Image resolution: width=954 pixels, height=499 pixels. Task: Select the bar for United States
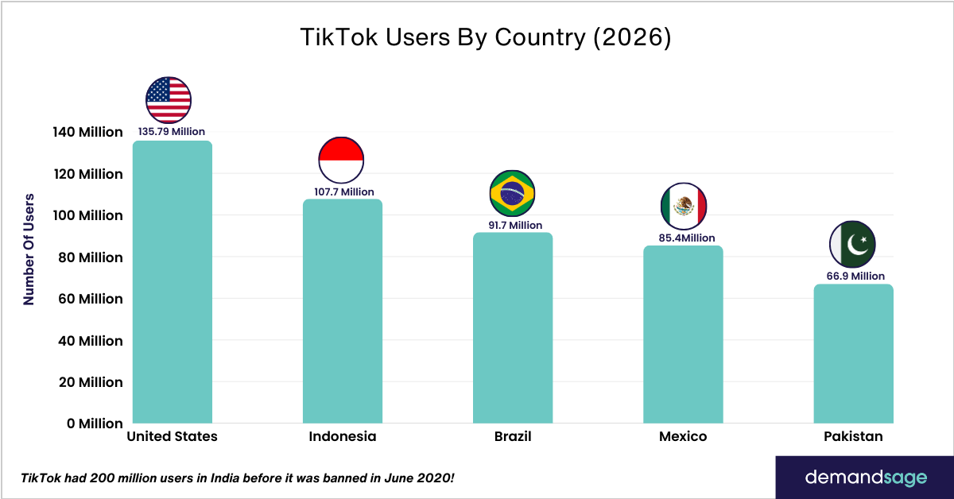point(173,282)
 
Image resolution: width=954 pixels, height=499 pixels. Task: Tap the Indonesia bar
point(343,311)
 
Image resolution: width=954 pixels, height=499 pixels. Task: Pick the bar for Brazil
point(513,327)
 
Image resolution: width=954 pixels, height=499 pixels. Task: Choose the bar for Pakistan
point(854,354)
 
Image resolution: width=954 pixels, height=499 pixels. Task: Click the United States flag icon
point(169,99)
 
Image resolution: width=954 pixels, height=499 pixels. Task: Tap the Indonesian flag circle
point(341,159)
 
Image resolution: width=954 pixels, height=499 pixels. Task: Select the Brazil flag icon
point(513,193)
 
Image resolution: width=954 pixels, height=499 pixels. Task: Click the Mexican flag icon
point(684,207)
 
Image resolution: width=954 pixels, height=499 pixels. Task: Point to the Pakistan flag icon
point(852,244)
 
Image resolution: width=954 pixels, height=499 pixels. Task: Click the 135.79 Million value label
point(172,132)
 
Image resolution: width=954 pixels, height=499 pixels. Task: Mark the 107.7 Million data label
point(343,191)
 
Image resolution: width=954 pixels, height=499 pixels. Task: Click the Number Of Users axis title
point(29,248)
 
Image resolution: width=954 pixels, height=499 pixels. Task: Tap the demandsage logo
point(866,478)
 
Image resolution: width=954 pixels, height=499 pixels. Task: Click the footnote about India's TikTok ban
point(238,478)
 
